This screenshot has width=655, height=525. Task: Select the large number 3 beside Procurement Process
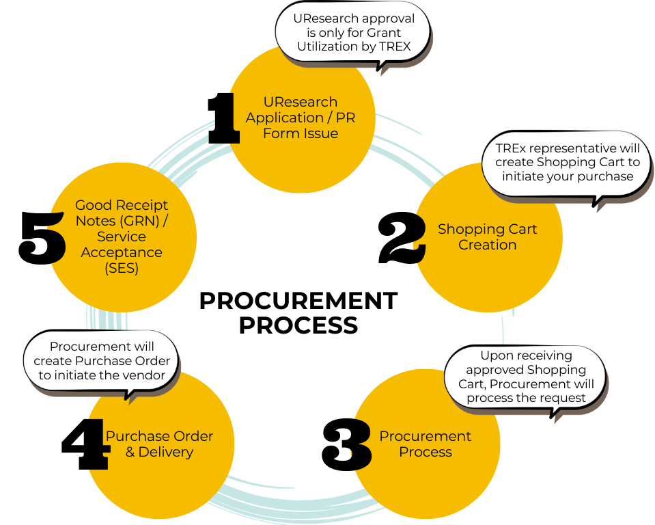pyautogui.click(x=360, y=445)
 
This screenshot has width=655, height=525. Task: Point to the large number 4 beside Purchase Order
pyautogui.click(x=100, y=445)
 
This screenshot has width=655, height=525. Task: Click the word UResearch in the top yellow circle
pyautogui.click(x=301, y=103)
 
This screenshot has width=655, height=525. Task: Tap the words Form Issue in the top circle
pyautogui.click(x=301, y=133)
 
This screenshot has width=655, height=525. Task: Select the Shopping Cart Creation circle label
pyautogui.click(x=487, y=237)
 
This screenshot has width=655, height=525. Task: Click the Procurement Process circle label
pyautogui.click(x=425, y=444)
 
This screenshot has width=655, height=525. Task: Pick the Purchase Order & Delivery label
pyautogui.click(x=158, y=444)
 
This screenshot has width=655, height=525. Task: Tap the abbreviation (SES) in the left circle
pyautogui.click(x=122, y=268)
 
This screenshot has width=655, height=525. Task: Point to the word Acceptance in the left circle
pyautogui.click(x=122, y=252)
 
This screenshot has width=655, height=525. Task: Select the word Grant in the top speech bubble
pyautogui.click(x=384, y=33)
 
